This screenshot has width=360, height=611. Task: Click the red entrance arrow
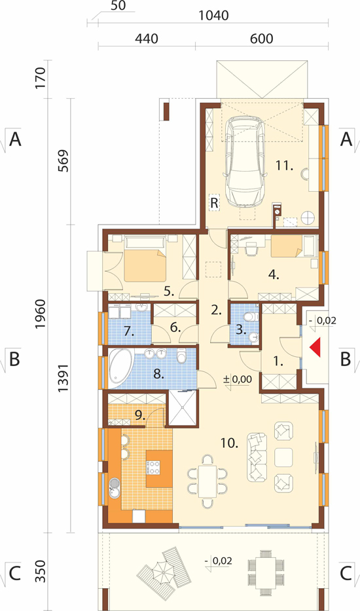pos(315,347)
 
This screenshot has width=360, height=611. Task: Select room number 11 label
pos(284,166)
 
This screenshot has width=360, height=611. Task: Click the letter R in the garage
pos(214,202)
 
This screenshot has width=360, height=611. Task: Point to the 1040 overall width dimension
pos(213,16)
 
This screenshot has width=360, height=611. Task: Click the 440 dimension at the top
pos(147,39)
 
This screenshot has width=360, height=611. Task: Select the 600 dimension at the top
pos(261,39)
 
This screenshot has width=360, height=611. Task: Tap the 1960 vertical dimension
pos(40,314)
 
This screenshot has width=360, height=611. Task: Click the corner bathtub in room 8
pos(121,366)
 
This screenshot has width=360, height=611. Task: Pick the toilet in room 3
pos(253,316)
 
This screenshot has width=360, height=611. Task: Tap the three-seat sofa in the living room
pos(257,457)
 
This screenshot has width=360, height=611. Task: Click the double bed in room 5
pos(145,259)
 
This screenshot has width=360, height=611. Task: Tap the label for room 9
pos(139,415)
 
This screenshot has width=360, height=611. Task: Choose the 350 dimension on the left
pos(40,571)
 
